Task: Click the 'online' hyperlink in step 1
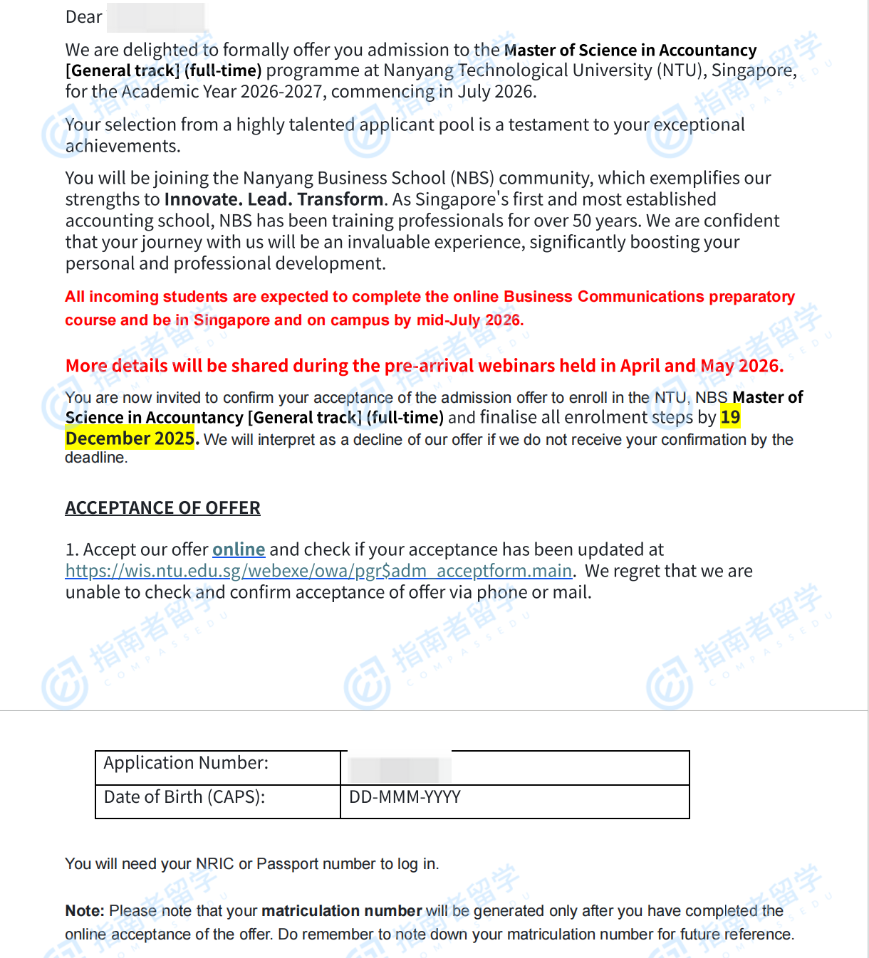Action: point(239,549)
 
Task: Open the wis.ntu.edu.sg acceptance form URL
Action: point(318,571)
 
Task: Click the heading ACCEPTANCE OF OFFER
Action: point(162,507)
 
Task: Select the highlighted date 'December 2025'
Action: point(130,438)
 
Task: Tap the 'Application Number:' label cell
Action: point(187,763)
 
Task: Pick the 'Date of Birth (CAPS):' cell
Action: point(184,797)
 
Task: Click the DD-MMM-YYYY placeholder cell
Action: point(405,797)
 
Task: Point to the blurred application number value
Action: point(399,769)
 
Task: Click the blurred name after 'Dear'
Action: point(155,17)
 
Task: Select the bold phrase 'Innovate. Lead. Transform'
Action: point(274,199)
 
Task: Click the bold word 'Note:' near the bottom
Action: point(85,911)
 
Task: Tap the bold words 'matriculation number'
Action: point(341,911)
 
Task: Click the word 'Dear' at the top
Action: point(84,17)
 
